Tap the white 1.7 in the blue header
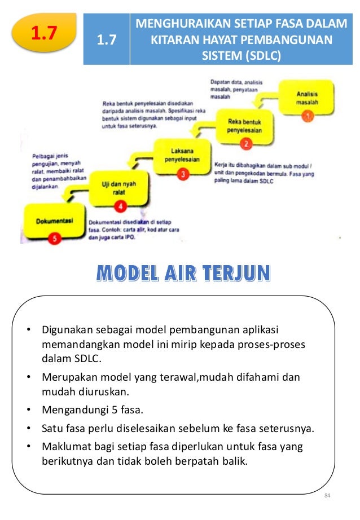click(106, 40)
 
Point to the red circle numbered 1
click(308, 116)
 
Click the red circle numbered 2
click(246, 143)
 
